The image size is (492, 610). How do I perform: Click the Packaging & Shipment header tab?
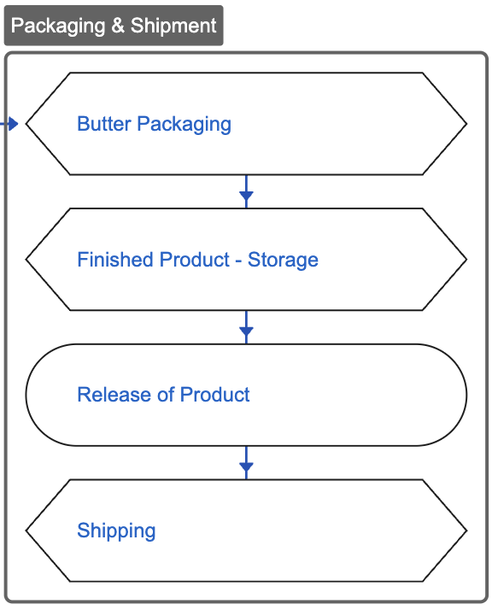pos(114,26)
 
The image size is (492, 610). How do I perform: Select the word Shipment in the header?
pos(173,26)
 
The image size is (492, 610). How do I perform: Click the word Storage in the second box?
pos(283,260)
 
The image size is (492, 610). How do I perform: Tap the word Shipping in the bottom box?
pos(116,531)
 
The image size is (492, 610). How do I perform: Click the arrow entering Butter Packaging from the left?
pos(10,124)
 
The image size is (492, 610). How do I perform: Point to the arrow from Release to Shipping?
pos(246,466)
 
